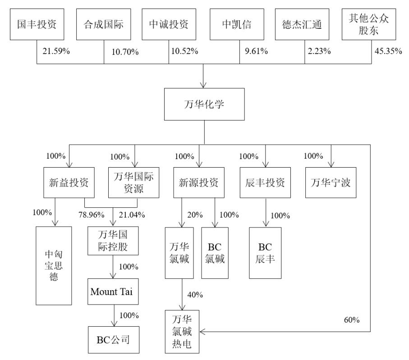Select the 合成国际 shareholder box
pos(103,23)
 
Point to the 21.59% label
pos(56,51)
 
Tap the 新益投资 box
pos(69,182)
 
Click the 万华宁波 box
pos(331,182)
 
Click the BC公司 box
pos(112,339)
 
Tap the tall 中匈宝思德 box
pos(54,266)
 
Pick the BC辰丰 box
pos(265,253)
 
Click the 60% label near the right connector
pos(352,320)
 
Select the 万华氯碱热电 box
pos(182,332)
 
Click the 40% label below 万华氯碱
pos(195,295)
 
